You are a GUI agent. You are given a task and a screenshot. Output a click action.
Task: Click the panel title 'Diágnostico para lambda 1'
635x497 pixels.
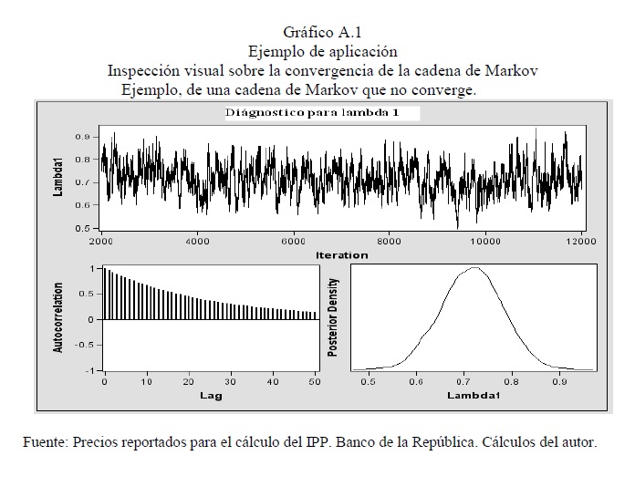pos(321,113)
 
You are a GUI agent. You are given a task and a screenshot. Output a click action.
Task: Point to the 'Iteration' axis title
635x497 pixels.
pos(341,254)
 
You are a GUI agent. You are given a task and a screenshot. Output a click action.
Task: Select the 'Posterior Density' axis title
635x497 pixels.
pos(333,317)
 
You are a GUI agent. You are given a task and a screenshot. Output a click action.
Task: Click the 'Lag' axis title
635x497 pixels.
pos(211,396)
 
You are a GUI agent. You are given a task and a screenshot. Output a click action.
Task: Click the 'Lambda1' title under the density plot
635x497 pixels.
pos(471,397)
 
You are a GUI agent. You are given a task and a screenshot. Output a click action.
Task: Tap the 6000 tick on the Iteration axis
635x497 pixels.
pos(293,242)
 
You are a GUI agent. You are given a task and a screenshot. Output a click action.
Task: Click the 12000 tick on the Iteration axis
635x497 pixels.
pos(580,242)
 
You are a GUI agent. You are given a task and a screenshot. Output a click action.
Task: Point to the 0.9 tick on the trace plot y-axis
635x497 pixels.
pos(82,137)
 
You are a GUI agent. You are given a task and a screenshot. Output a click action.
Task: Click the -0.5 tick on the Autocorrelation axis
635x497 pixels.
pos(84,345)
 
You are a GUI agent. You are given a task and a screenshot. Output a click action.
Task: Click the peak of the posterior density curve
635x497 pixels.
pos(475,268)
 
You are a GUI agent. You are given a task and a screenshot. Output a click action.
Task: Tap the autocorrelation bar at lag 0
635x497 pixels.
pos(105,294)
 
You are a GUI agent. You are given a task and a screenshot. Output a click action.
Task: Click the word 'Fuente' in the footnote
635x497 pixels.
pos(45,443)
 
